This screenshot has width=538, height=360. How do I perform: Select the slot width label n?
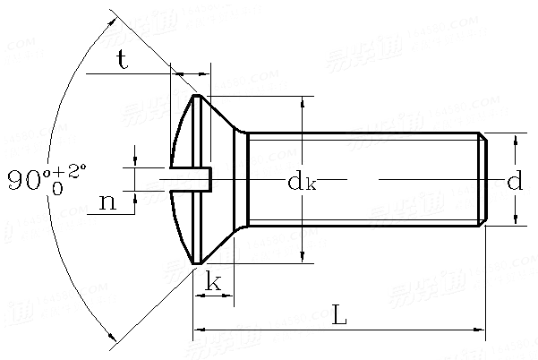[107, 202]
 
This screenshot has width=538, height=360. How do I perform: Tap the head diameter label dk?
[302, 183]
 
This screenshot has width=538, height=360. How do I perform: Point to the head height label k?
[213, 283]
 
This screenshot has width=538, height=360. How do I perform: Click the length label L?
[339, 315]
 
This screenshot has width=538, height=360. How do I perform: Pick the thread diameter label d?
[515, 183]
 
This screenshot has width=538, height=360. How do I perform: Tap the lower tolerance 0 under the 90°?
[56, 190]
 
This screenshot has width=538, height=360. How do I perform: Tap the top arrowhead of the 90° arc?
[113, 15]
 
